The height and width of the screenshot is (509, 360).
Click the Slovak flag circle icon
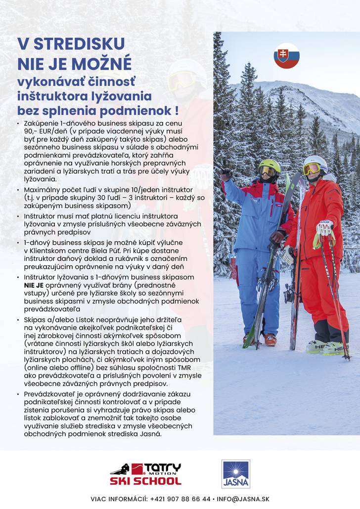coord(286,56)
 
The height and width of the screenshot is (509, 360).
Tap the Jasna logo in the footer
coord(236,474)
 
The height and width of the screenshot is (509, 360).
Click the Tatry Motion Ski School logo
coord(145,474)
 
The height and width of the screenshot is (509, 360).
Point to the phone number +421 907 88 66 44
coord(180,499)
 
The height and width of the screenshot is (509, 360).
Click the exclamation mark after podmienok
coord(176,110)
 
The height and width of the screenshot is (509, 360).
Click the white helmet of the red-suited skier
coord(315,162)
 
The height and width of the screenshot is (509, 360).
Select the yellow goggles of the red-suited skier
coord(312,169)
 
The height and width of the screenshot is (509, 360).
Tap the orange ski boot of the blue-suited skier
coord(270,339)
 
